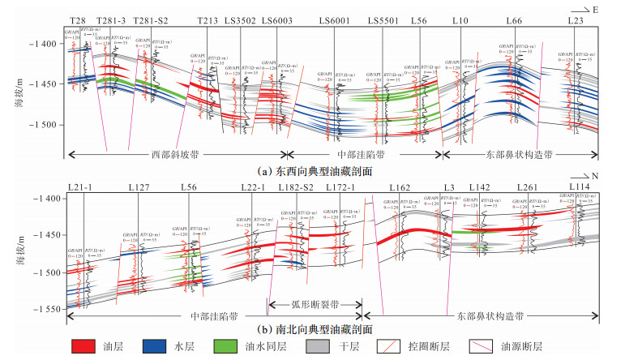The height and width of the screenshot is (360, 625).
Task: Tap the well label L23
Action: coord(576,20)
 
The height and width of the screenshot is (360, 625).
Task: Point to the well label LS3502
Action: coord(245,20)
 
